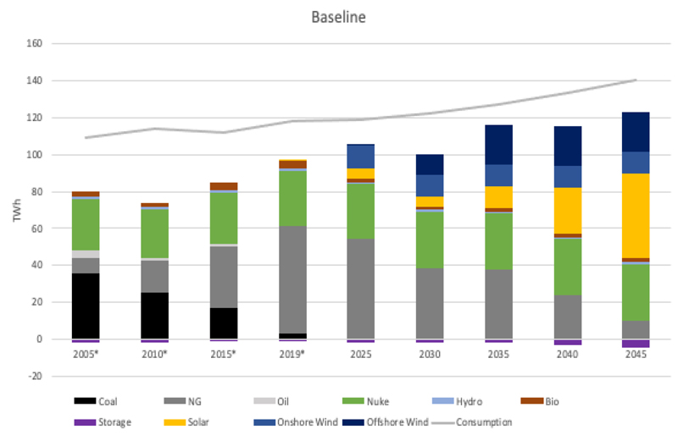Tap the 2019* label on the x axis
292,354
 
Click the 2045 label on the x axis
636,354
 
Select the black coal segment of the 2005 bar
86,306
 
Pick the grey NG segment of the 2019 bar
292,279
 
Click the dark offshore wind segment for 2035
498,145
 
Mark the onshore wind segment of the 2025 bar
361,157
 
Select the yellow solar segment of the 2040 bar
567,211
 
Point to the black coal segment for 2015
224,323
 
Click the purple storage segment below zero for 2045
636,344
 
